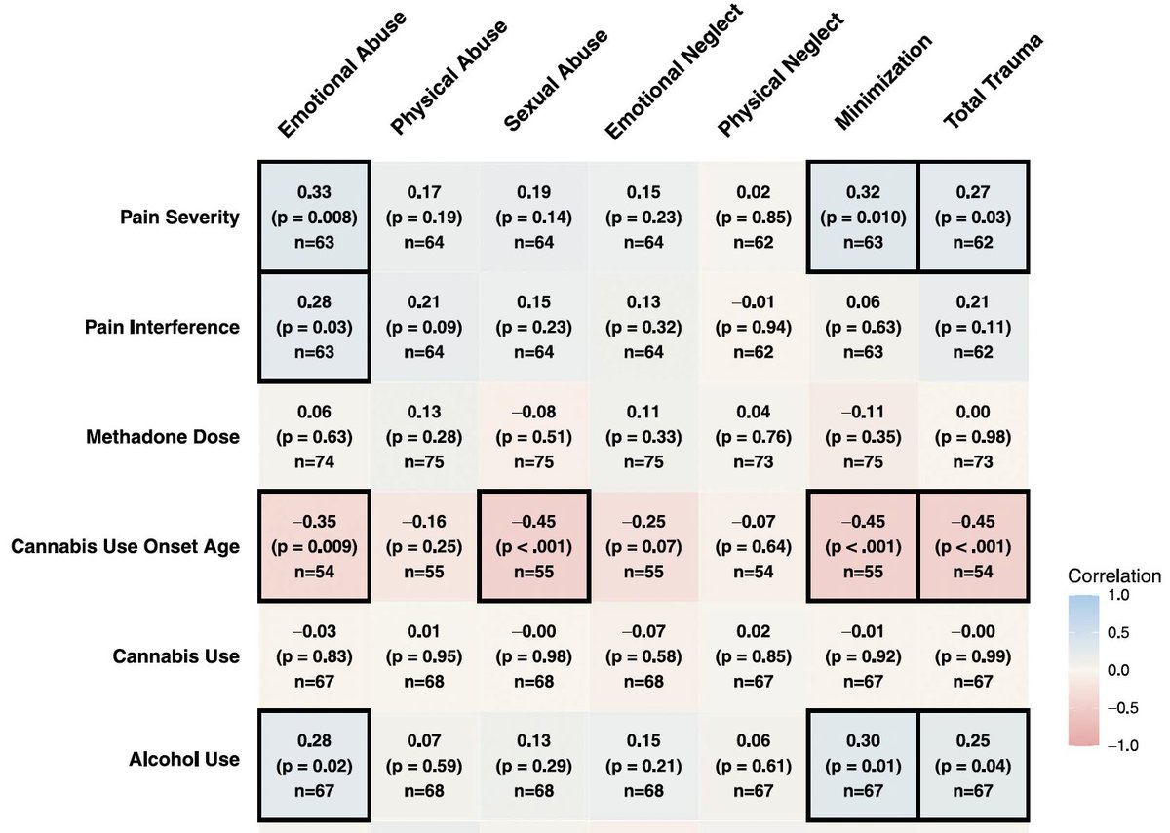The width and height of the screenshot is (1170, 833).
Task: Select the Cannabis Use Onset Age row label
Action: tap(125, 546)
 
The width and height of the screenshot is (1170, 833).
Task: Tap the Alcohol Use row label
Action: tap(185, 759)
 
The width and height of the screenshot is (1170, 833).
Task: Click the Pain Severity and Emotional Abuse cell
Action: tap(314, 216)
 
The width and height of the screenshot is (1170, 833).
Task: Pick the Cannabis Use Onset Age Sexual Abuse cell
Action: tap(534, 545)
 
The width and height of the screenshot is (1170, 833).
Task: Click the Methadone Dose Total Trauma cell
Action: tap(972, 436)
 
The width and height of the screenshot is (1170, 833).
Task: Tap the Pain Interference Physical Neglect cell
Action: tap(753, 326)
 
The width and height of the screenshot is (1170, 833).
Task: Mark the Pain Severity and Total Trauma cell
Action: tap(972, 216)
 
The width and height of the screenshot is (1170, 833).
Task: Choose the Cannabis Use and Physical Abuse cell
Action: tap(424, 655)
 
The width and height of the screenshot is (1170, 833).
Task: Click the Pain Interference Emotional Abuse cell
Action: tap(314, 326)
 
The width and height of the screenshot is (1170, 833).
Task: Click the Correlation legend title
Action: tap(1112, 575)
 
